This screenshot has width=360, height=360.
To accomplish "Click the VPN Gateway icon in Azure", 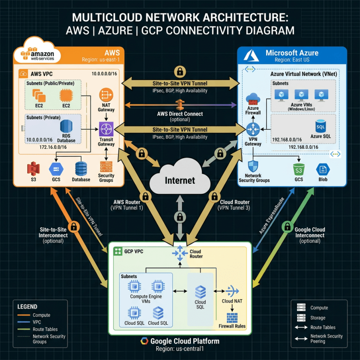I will [x=253, y=130].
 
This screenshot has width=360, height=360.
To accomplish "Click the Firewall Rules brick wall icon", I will [x=233, y=317].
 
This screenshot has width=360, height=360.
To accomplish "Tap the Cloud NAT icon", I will [x=232, y=291].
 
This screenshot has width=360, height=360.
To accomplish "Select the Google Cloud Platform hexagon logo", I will [x=144, y=342].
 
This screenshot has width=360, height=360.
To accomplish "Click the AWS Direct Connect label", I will [x=180, y=114].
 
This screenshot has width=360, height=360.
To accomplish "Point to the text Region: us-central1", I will [x=180, y=349].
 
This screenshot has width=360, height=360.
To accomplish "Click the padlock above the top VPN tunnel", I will [x=180, y=71].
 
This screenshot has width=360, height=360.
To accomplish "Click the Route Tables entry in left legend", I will [x=45, y=329].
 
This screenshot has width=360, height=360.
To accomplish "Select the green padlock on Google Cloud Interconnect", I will [x=286, y=226].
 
